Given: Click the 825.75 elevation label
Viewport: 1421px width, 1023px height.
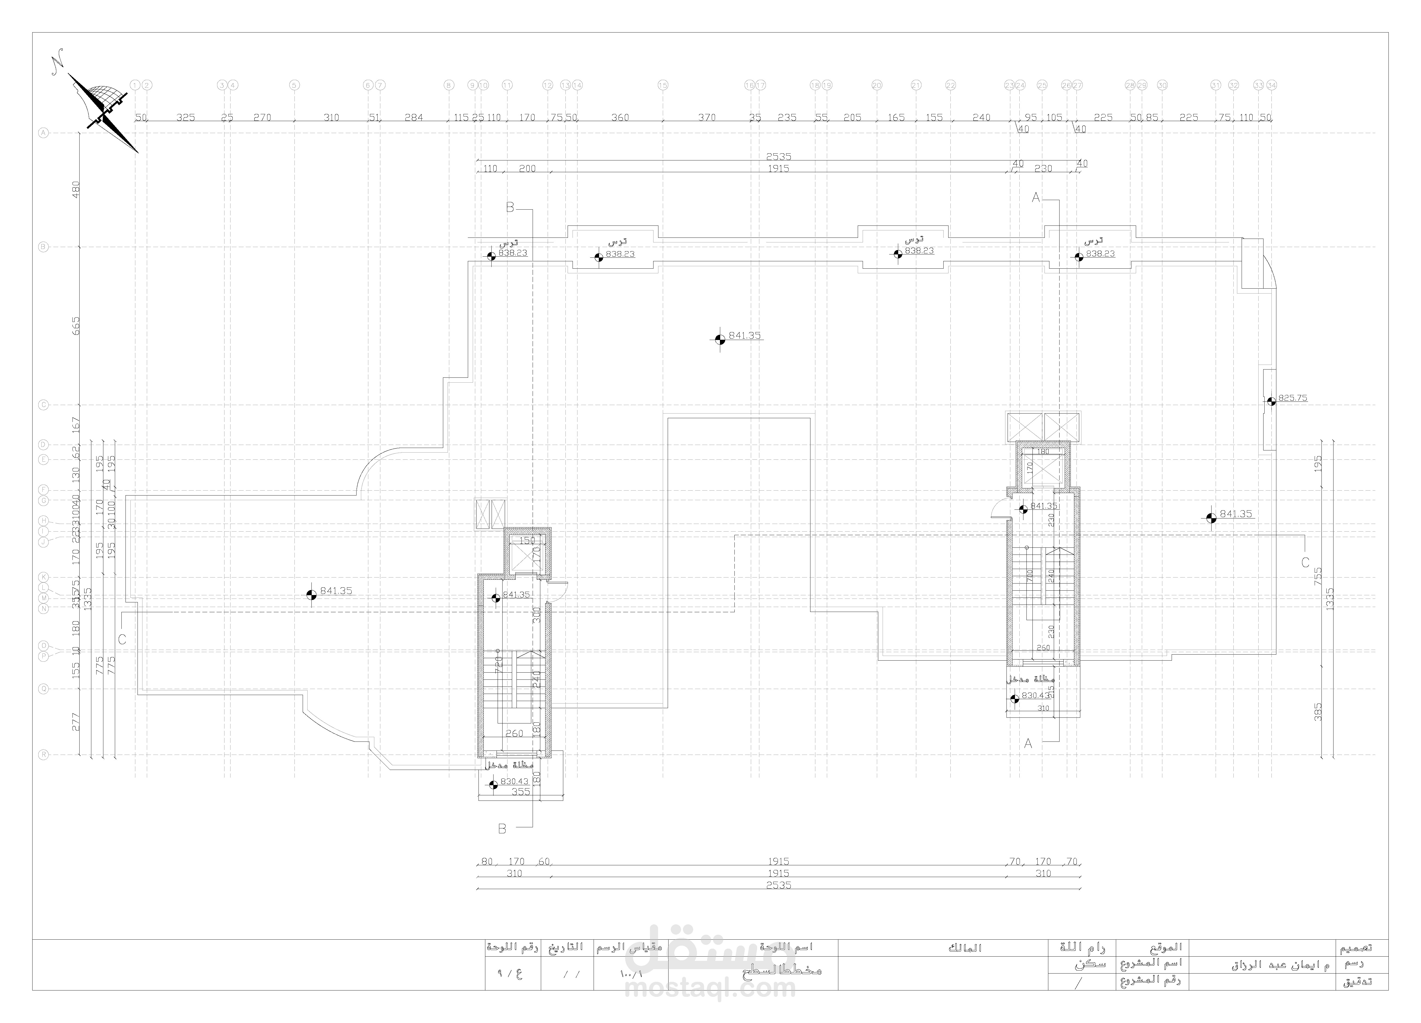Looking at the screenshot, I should [x=1292, y=398].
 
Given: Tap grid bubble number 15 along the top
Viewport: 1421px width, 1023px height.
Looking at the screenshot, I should [x=663, y=85].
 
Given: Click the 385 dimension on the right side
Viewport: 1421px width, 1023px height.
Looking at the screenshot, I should [x=1318, y=712].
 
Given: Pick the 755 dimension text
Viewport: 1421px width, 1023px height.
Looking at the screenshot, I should [x=1318, y=576].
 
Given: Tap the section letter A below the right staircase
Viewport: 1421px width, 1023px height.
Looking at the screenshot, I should [x=1028, y=744].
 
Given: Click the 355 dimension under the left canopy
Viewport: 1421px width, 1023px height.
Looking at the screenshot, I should [x=521, y=792].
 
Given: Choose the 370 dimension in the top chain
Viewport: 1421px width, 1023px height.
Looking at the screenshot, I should [x=707, y=117].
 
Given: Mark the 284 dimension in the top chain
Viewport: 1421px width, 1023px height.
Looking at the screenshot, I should [x=413, y=117].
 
